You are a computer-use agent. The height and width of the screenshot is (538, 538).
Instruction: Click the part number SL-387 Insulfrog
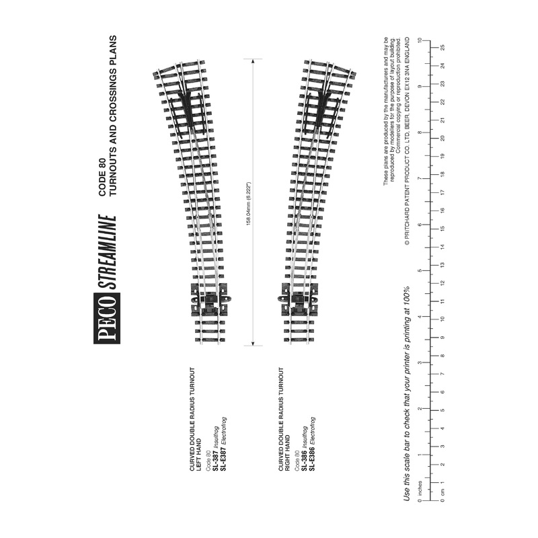click(216, 438)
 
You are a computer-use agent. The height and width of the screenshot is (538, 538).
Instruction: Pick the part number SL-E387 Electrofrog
click(224, 431)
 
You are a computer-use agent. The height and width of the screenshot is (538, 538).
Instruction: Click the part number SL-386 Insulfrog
click(305, 438)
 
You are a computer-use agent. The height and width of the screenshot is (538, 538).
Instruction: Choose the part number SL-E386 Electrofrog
click(313, 431)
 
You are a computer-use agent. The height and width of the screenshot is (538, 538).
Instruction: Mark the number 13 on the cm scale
click(443, 264)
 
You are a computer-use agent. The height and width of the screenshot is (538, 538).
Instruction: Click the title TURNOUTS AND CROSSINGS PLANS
click(113, 114)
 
